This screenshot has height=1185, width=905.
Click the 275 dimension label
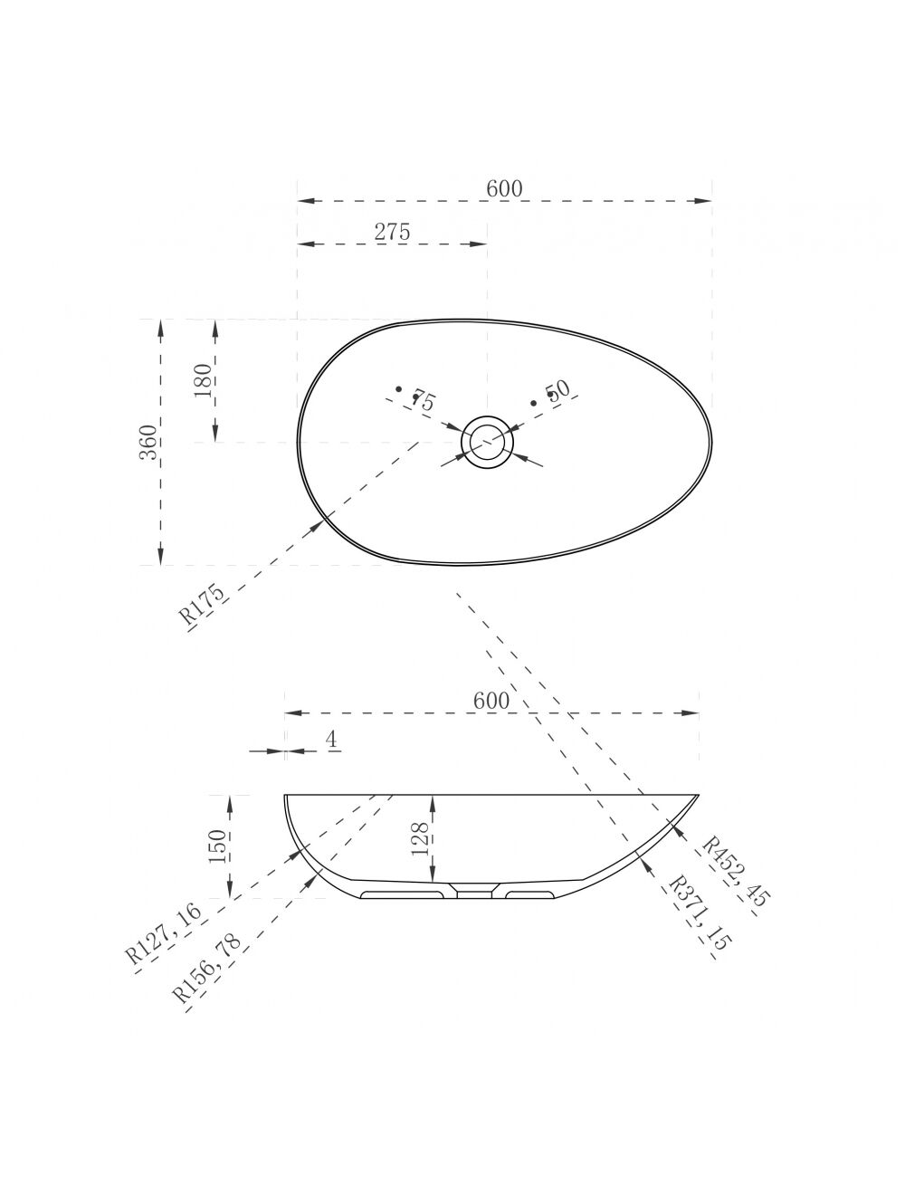click(392, 232)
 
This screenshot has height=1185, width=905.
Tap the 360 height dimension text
click(148, 442)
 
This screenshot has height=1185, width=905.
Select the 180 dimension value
click(203, 380)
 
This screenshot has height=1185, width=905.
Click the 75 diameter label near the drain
click(424, 400)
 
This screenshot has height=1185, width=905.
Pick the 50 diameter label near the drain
click(557, 390)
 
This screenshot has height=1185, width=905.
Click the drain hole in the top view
click(487, 442)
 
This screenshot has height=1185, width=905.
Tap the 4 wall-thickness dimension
click(331, 739)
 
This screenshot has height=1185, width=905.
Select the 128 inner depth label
click(420, 838)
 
